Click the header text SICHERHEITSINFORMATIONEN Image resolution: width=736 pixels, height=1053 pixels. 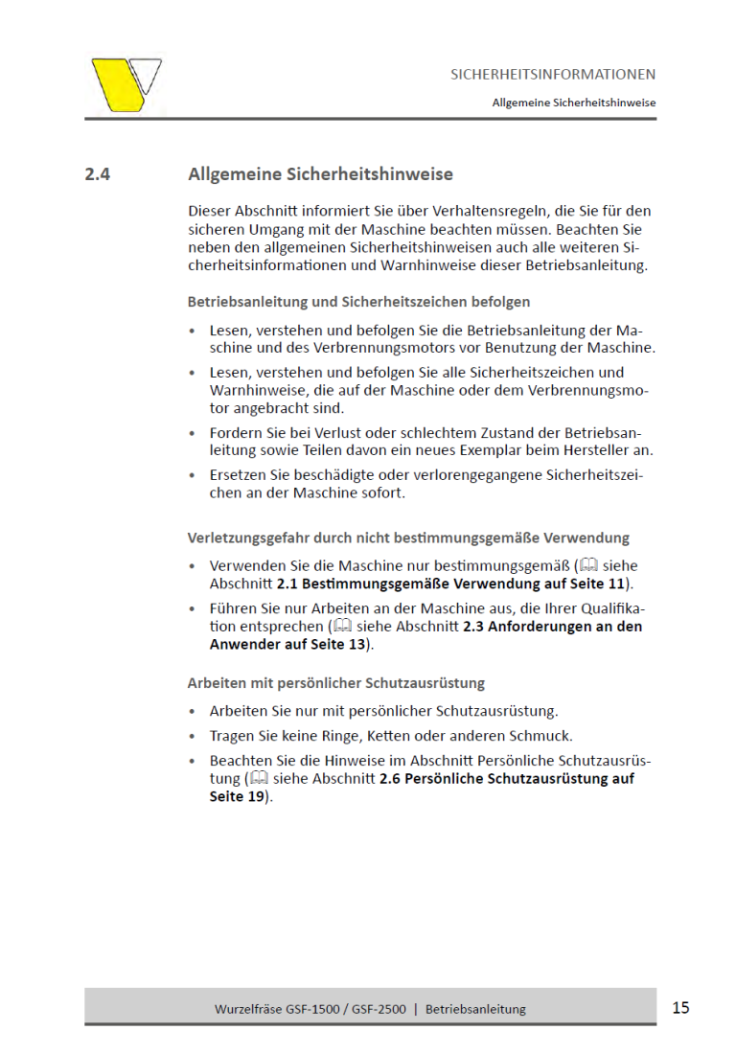click(553, 74)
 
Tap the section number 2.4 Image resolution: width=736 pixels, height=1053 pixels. click(98, 174)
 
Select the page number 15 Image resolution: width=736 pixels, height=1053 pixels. click(680, 1007)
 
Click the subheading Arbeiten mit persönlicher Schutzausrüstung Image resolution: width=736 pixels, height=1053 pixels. click(335, 683)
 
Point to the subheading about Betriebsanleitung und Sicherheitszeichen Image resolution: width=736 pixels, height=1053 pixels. click(358, 302)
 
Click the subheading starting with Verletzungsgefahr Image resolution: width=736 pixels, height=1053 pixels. click(408, 538)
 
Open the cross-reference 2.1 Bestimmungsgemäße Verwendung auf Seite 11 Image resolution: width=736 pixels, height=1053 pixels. click(450, 583)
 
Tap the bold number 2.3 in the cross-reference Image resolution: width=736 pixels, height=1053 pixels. click(473, 627)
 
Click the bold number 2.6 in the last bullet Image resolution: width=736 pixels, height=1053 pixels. click(390, 779)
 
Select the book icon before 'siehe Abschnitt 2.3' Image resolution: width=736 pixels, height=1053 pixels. click(340, 627)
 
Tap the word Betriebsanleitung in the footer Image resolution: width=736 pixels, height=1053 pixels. click(475, 1009)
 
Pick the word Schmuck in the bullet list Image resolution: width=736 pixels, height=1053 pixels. click(540, 736)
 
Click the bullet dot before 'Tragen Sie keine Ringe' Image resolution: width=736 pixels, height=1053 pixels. click(195, 737)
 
